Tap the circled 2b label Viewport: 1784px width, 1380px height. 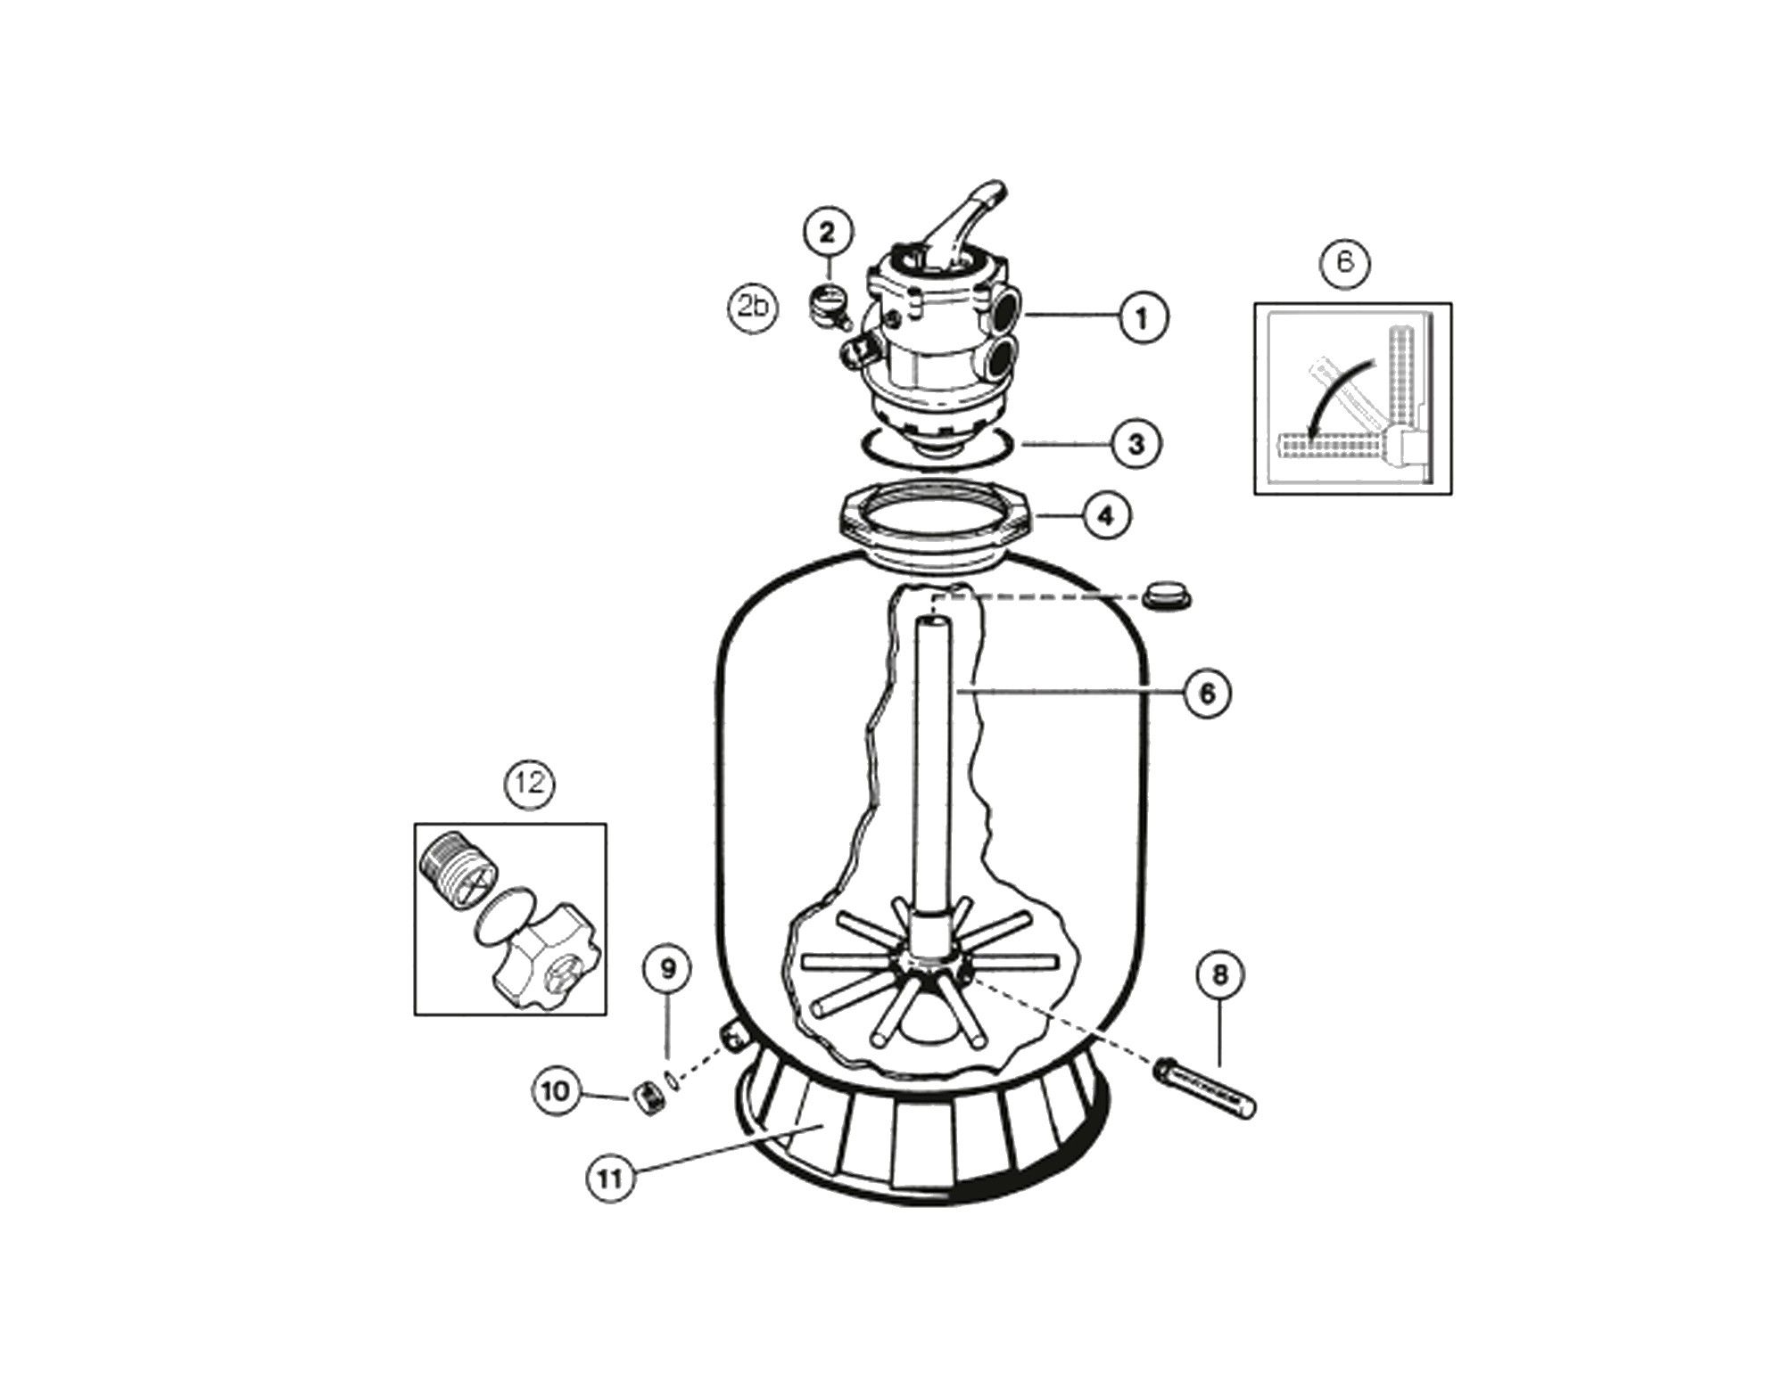point(753,308)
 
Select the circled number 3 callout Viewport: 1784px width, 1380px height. point(1136,443)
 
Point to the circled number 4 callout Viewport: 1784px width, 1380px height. point(1106,515)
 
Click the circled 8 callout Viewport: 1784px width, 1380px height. point(1219,975)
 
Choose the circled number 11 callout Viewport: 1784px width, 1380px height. point(610,1179)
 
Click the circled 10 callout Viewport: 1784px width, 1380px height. point(555,1091)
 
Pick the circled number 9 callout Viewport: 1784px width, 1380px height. point(669,969)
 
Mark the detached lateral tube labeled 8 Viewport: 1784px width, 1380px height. point(1207,1088)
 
